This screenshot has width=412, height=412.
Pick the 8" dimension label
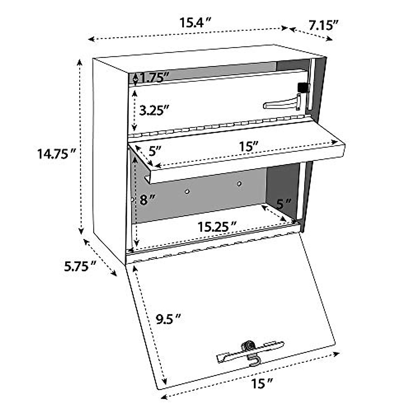pos(148,200)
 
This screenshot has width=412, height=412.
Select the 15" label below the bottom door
pos(262,383)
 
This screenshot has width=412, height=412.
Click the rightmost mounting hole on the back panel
pos(239,184)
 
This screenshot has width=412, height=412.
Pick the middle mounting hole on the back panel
pos(187,192)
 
